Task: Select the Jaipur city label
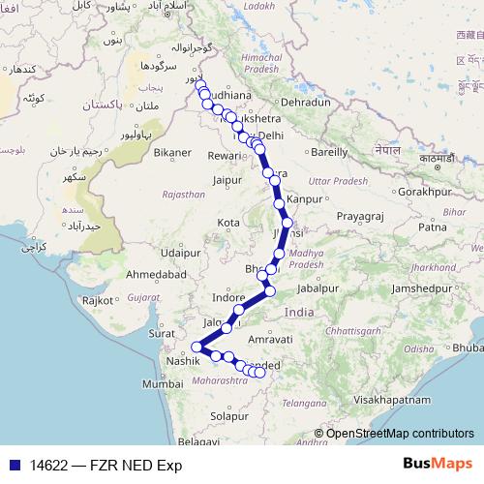click(227, 179)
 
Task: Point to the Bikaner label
click(173, 153)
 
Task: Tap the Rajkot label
click(100, 301)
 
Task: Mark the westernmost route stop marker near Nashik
click(197, 347)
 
